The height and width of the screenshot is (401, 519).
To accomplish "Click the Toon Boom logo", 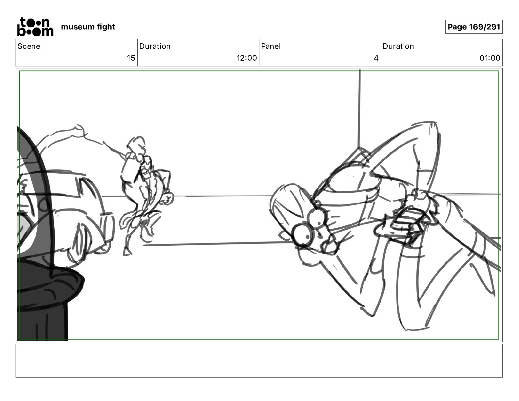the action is point(35,27).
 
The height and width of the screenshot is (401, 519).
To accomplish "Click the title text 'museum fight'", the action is point(88,27).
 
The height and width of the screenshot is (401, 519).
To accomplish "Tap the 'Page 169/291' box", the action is point(474,27).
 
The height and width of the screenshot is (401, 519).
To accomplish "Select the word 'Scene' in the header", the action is point(29,46).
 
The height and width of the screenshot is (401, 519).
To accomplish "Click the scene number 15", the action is point(131,58).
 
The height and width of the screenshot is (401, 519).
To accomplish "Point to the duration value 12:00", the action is point(246,58).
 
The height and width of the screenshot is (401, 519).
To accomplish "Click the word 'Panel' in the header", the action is point(271,46).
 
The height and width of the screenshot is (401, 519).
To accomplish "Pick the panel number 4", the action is point(376,58).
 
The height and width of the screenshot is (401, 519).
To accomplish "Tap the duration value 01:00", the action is point(490,58).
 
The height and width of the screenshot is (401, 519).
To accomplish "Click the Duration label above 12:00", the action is point(155,46).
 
